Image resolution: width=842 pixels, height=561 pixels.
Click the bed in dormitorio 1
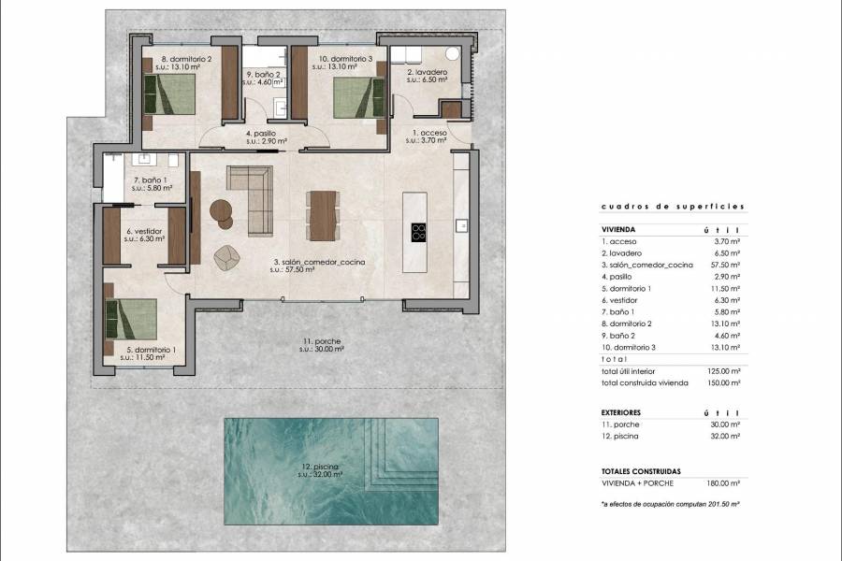tap(132, 317)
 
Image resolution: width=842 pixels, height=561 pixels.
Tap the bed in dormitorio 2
tap(169, 93)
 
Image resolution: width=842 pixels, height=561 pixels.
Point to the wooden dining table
tap(323, 216)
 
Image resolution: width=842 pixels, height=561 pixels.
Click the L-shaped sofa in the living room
tap(252, 197)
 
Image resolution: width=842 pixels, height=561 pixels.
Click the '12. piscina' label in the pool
tap(320, 466)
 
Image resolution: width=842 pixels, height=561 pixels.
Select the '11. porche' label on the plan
tap(320, 341)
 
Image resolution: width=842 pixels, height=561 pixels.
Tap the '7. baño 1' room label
tap(150, 180)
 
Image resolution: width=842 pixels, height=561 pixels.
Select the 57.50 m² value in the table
tap(725, 266)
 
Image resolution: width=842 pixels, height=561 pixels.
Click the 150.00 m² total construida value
tap(725, 382)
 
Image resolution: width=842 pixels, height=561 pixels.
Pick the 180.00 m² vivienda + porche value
tap(725, 482)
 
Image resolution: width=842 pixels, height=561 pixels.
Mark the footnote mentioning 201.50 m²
tap(671, 503)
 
